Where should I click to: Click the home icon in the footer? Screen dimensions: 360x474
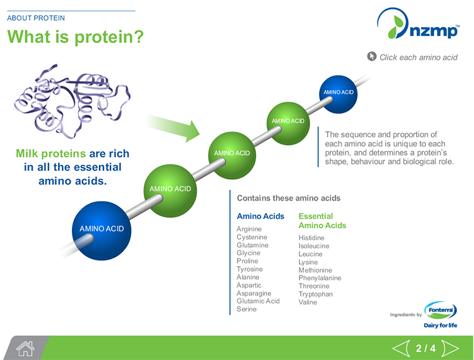(25, 347)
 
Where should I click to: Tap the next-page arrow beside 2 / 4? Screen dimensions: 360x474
(450, 348)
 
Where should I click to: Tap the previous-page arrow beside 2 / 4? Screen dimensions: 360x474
(402, 348)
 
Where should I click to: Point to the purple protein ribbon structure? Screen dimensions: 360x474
(72, 101)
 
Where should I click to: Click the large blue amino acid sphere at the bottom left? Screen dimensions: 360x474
(101, 228)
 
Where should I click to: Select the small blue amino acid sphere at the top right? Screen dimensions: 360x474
(338, 93)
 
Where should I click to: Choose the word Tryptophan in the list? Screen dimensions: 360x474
(315, 294)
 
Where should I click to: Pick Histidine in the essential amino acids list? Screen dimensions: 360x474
(311, 238)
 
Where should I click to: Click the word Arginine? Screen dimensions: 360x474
(249, 229)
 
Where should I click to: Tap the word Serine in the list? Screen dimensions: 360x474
(246, 310)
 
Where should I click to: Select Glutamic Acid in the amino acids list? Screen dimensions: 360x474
(258, 301)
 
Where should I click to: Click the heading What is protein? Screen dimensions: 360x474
(75, 37)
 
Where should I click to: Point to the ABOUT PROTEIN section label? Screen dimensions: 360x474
(36, 18)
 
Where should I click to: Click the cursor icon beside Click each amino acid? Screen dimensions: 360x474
(372, 57)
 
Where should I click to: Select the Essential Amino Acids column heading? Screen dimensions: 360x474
(322, 221)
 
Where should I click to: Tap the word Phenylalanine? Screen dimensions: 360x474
(320, 278)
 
